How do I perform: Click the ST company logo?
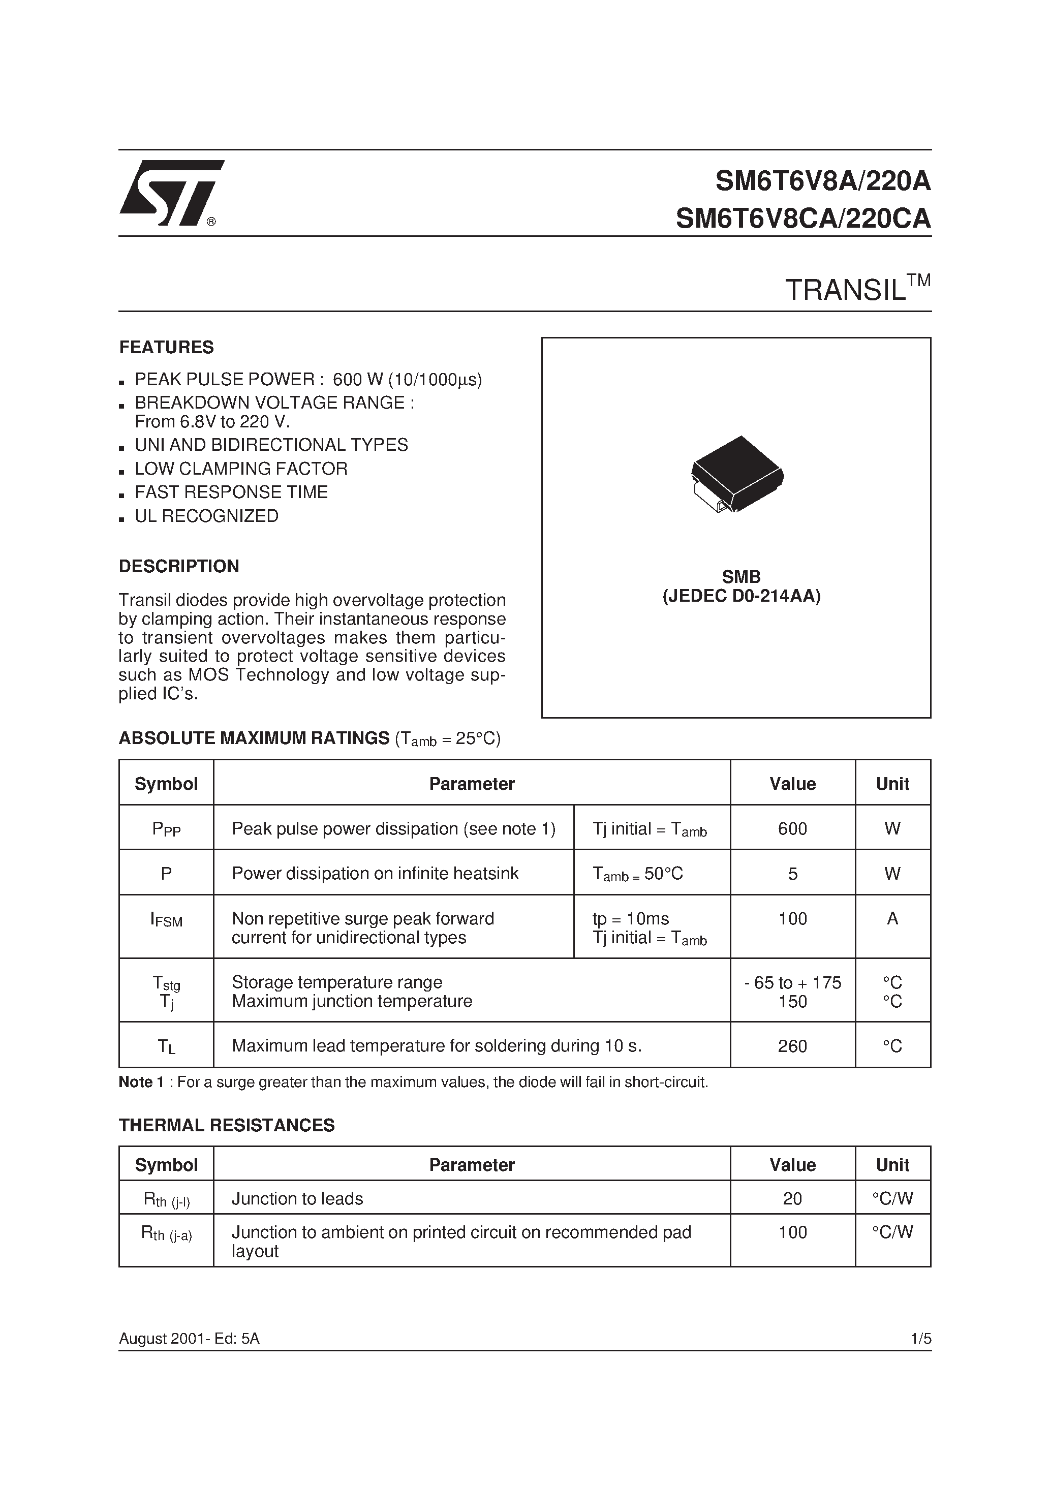[x=170, y=193]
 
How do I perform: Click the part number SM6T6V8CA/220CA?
[x=802, y=219]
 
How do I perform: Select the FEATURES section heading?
[x=166, y=348]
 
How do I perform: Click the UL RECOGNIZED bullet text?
[x=206, y=516]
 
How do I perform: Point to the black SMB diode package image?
[x=737, y=473]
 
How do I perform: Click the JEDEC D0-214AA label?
[x=741, y=596]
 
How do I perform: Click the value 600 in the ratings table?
[x=792, y=828]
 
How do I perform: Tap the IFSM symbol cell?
[x=166, y=920]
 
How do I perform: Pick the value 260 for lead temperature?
[x=792, y=1046]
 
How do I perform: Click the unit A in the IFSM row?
[x=892, y=918]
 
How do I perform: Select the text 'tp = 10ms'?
[x=631, y=918]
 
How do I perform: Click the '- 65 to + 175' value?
[x=792, y=982]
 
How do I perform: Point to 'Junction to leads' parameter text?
[x=297, y=1199]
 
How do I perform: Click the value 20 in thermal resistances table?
[x=792, y=1199]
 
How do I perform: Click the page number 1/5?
[x=920, y=1339]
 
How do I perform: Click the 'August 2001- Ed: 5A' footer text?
[x=189, y=1339]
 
